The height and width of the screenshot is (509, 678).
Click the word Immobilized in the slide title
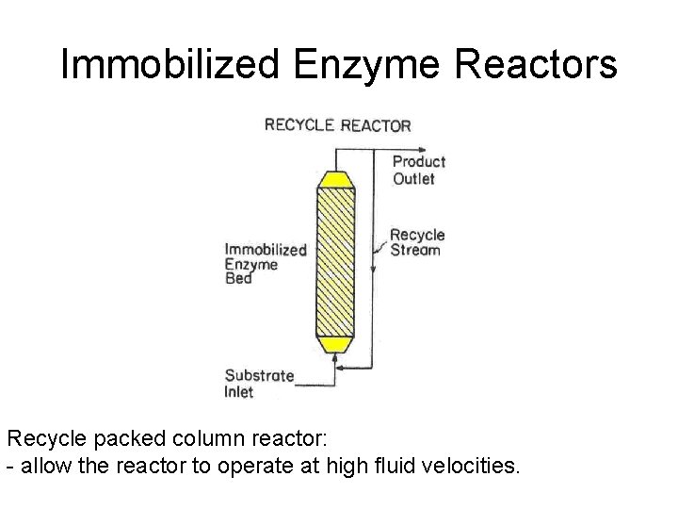tap(169, 64)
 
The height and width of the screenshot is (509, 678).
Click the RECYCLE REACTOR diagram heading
tap(337, 124)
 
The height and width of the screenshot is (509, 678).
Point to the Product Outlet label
tap(418, 170)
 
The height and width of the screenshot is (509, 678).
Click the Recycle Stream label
tap(416, 242)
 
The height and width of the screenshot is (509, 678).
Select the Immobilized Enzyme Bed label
tap(265, 264)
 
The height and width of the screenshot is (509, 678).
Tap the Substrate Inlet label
tap(258, 383)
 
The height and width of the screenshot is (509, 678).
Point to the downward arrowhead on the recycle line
tap(373, 273)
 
